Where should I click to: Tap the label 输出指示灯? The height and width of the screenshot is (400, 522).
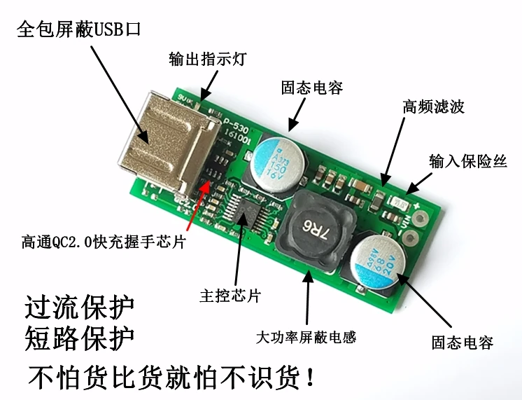[199, 59]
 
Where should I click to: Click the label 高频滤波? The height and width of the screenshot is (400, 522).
[433, 106]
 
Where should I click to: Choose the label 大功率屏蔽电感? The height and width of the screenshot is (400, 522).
[306, 337]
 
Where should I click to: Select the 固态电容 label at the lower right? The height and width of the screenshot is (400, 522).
[463, 343]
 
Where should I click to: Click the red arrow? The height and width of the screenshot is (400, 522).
[197, 207]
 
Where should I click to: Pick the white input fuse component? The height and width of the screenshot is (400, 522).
[400, 202]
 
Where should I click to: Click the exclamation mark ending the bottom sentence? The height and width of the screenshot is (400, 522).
[310, 379]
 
